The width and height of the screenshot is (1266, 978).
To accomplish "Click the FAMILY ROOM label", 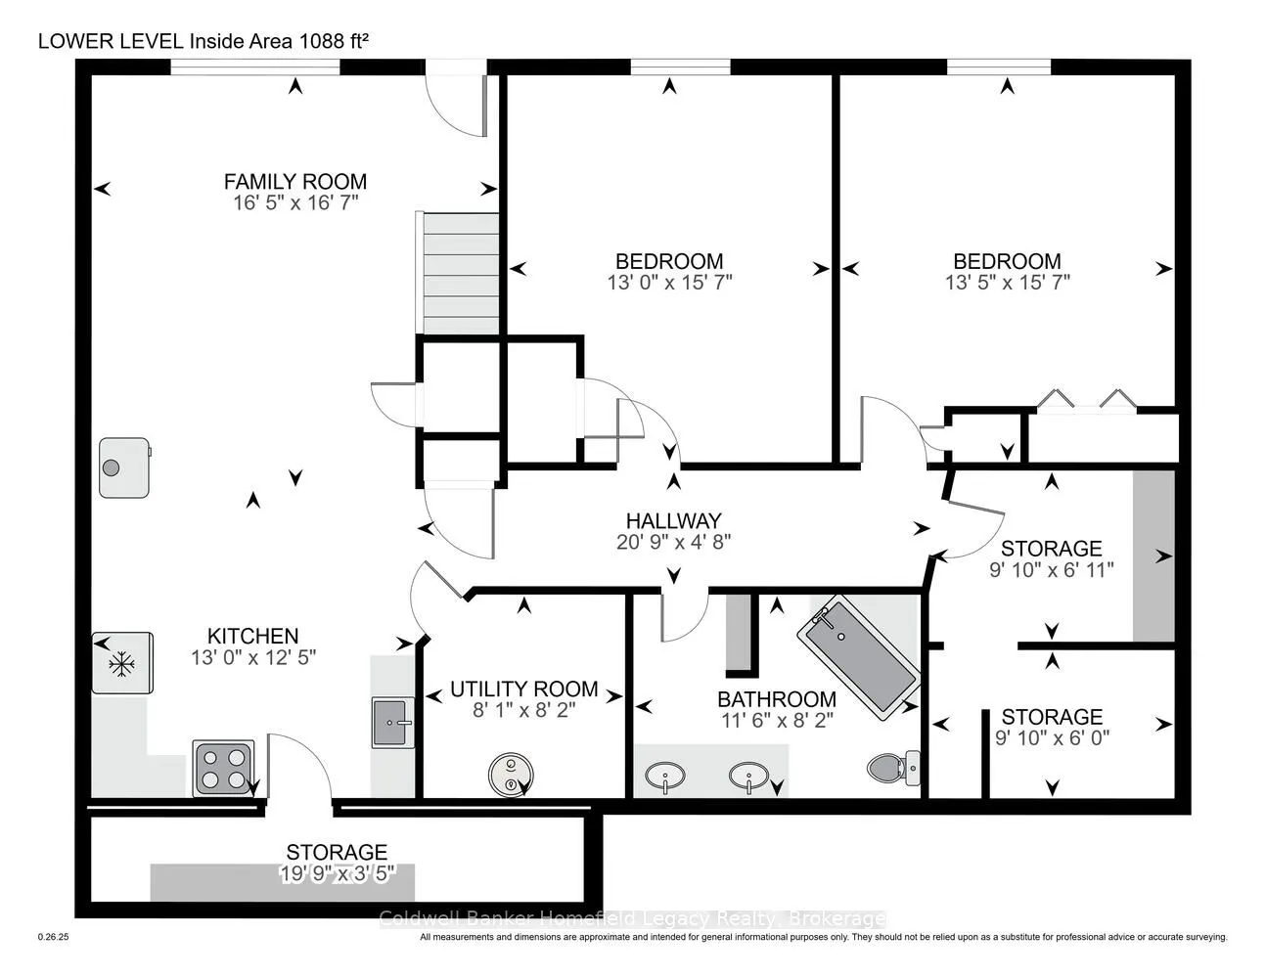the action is [295, 182].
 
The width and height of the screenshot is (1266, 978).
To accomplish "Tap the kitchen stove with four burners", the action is [224, 769].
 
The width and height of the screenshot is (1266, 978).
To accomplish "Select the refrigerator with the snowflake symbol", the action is [123, 663].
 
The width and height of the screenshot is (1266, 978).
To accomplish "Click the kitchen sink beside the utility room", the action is [393, 723].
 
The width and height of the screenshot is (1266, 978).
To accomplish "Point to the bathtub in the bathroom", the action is [859, 657].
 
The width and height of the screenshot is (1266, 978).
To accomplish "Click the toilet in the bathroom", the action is [893, 768].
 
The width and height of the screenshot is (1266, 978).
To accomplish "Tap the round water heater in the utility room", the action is [511, 775].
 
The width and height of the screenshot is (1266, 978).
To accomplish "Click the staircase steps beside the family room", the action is [461, 273].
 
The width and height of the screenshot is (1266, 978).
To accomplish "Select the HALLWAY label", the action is [673, 520].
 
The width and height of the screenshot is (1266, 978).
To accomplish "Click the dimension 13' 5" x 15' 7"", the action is [1008, 283].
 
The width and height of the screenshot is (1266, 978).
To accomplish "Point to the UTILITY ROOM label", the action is [523, 689].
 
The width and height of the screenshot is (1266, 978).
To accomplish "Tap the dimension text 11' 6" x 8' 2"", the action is [777, 721].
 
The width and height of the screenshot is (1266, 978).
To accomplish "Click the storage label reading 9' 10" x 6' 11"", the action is [1051, 569].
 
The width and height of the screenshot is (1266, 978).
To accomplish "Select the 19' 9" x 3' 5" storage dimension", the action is [338, 873].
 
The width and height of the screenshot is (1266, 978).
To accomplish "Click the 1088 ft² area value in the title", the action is [334, 41].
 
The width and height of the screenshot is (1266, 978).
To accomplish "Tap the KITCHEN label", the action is [252, 636].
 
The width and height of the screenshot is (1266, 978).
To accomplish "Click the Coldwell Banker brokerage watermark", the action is [632, 919].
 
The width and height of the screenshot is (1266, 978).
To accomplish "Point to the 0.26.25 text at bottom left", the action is [53, 937].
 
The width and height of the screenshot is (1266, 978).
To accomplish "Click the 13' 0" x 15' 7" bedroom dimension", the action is [669, 283].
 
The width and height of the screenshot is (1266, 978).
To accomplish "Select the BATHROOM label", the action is [777, 699].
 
